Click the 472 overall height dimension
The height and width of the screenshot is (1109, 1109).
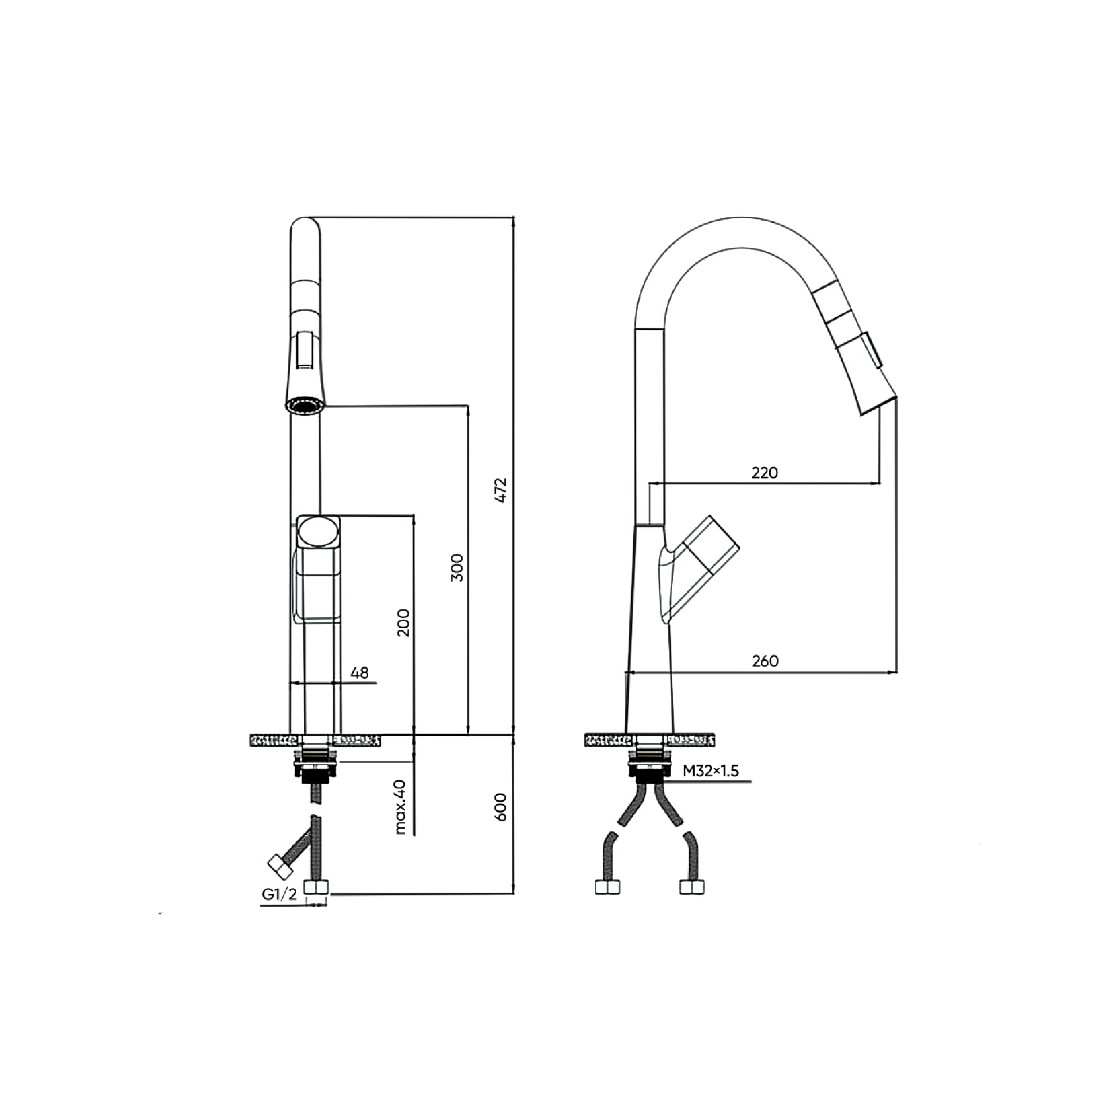[x=501, y=490]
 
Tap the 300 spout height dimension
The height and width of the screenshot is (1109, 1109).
[x=457, y=568]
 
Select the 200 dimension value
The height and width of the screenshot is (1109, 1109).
[x=404, y=623]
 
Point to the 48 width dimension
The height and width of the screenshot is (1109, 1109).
[x=359, y=672]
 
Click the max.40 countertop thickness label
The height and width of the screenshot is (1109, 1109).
[x=400, y=806]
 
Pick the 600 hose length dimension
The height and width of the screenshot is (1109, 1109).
[x=501, y=807]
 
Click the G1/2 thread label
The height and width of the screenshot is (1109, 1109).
[x=279, y=894]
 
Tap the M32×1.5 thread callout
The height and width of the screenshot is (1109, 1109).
[x=711, y=771]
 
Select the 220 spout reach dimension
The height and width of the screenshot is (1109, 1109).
[x=765, y=473]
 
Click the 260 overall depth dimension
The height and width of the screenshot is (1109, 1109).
[x=765, y=662]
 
